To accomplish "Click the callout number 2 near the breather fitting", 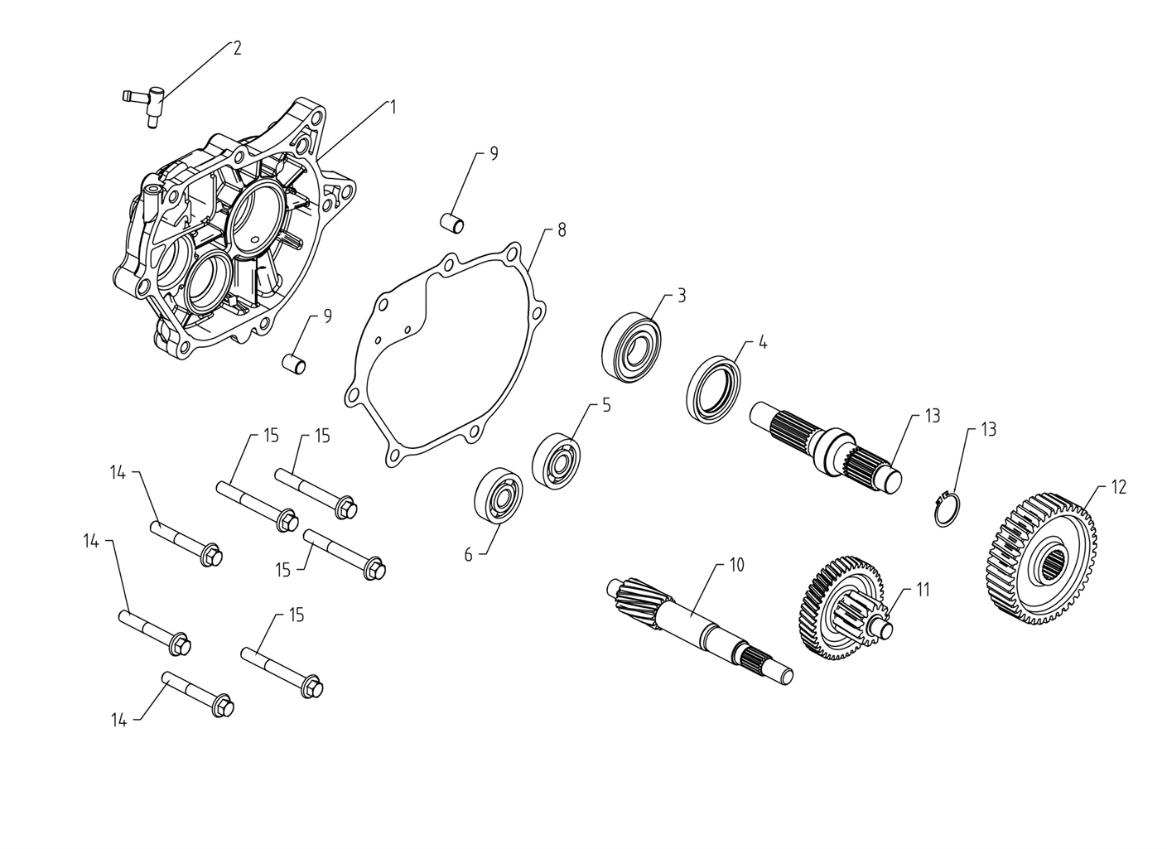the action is click(x=237, y=48).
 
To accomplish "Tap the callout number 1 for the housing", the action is click(x=393, y=108).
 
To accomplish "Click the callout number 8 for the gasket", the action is click(x=561, y=230).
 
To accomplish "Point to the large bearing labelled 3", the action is click(x=631, y=348).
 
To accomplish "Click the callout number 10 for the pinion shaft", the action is click(x=736, y=565).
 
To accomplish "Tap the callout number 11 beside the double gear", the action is click(x=923, y=591).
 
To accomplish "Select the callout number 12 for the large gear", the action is click(x=1119, y=488).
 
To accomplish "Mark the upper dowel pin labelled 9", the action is click(x=452, y=223).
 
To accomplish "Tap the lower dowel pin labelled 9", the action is click(x=294, y=364).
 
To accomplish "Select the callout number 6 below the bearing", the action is click(x=468, y=555).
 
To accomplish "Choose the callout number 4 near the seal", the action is click(x=763, y=343).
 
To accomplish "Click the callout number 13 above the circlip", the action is click(x=989, y=430).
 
